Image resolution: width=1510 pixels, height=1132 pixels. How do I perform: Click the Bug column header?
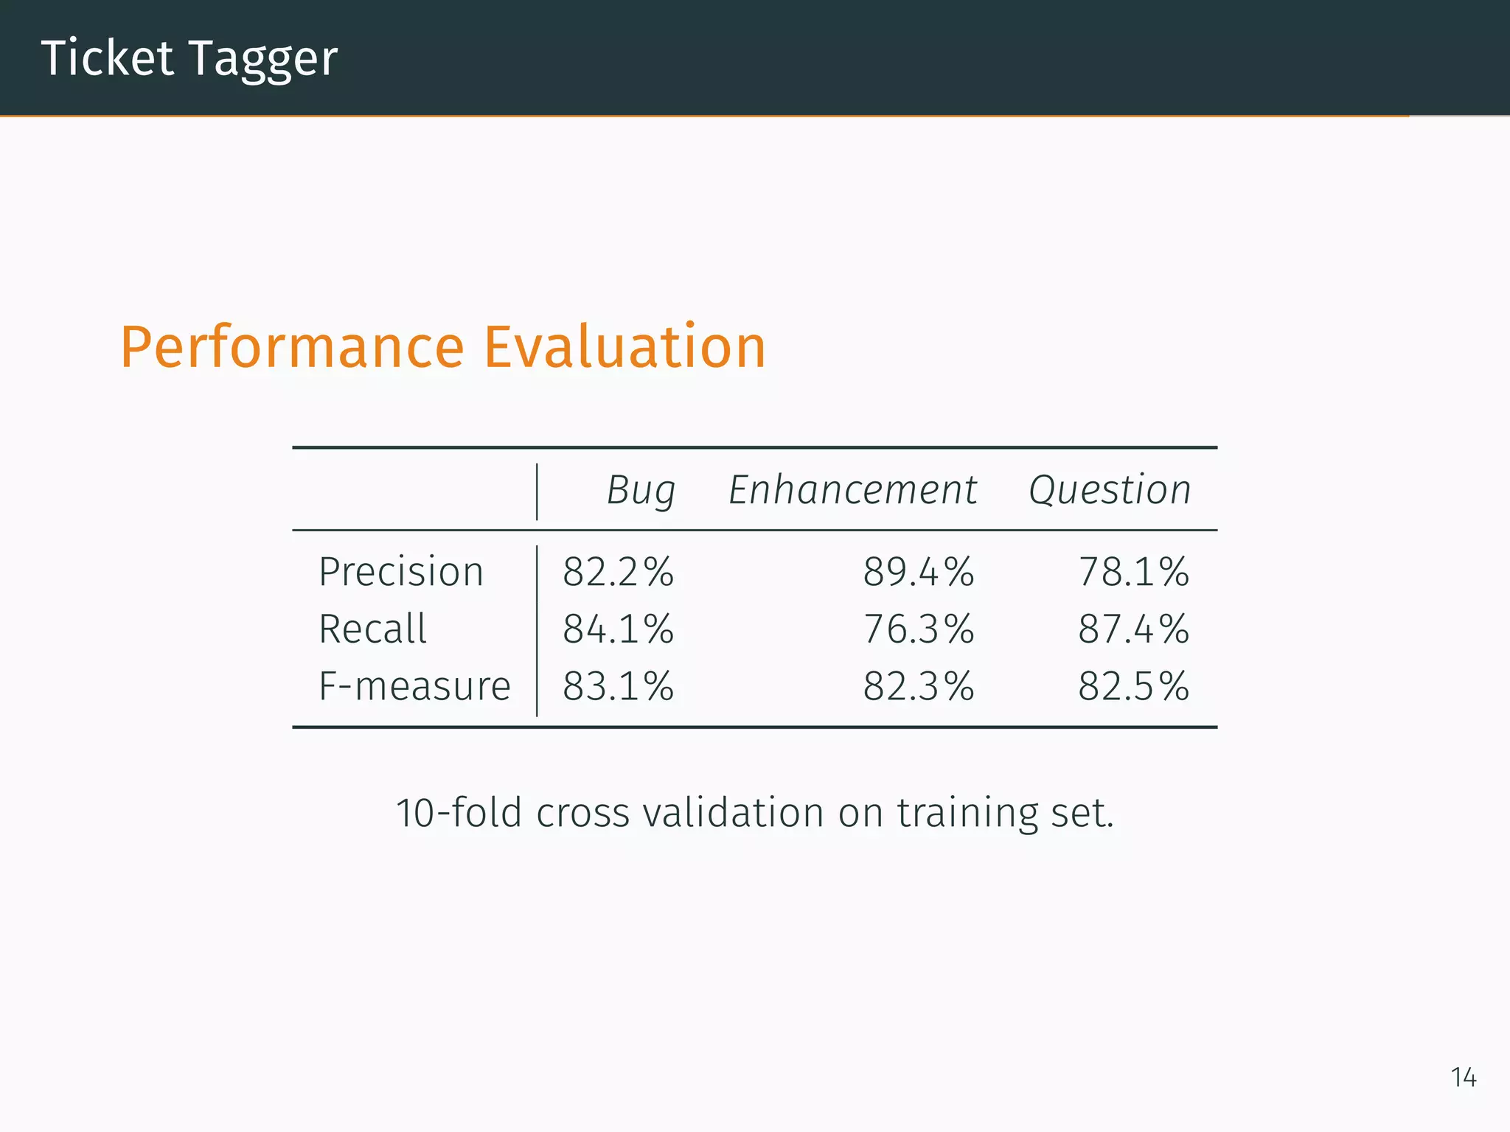[641, 490]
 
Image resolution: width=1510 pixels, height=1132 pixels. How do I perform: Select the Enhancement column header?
[852, 490]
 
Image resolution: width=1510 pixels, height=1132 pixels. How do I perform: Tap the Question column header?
[1110, 490]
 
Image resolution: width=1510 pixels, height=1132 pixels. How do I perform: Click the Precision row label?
[400, 572]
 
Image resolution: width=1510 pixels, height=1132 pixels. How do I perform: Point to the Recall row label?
[372, 629]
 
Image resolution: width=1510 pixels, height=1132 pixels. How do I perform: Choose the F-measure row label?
[414, 686]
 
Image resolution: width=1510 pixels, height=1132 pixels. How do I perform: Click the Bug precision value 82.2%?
[618, 572]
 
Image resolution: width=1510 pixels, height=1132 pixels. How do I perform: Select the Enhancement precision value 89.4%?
[919, 572]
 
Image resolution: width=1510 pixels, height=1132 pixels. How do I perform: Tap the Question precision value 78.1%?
[1133, 572]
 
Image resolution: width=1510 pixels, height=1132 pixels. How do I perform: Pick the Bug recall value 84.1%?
[618, 629]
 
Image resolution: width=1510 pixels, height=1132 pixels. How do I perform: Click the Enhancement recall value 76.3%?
[919, 629]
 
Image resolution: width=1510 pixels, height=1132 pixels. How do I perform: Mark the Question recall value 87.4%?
[1133, 629]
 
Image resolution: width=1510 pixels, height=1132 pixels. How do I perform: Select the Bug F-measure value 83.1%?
[618, 686]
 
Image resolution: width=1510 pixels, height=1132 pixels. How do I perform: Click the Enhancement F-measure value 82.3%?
[919, 686]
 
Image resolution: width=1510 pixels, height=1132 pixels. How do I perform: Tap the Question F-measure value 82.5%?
[1133, 686]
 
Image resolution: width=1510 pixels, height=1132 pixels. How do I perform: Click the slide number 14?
[1464, 1077]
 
